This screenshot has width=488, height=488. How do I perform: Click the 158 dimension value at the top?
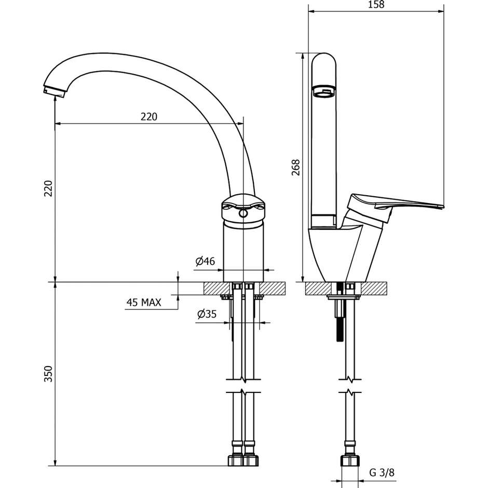376,5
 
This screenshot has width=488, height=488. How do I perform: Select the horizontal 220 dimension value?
149,117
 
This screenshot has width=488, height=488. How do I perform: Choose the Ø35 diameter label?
207,315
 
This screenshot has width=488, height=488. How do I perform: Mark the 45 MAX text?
144,302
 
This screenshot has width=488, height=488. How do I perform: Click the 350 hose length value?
48,374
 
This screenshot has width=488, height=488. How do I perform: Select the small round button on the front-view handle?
242,214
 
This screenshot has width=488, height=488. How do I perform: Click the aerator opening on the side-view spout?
324,92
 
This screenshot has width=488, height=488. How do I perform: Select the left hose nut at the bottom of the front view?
236,460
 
